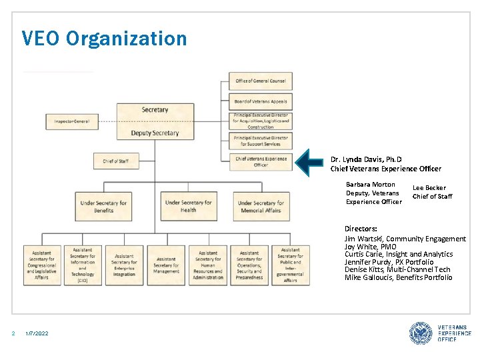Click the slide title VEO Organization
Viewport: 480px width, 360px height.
(104, 38)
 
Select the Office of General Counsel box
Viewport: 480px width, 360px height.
(260, 81)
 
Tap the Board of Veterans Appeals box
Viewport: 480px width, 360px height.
(260, 101)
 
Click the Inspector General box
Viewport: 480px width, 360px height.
(72, 121)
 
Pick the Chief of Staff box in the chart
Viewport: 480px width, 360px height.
(116, 161)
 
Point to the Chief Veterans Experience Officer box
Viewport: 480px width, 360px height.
(260, 161)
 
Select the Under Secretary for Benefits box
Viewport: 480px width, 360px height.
(103, 207)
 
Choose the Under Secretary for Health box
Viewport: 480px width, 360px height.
(189, 206)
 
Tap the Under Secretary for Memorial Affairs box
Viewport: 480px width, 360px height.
(261, 207)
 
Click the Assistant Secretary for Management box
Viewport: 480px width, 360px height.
(166, 265)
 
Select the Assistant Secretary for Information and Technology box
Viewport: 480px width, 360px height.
(83, 265)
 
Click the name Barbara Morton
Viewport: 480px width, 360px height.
(371, 185)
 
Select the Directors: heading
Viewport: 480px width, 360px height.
(361, 229)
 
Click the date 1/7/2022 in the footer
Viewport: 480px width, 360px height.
(37, 333)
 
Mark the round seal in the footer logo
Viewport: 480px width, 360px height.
(421, 333)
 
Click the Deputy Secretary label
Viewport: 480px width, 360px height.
(155, 133)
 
